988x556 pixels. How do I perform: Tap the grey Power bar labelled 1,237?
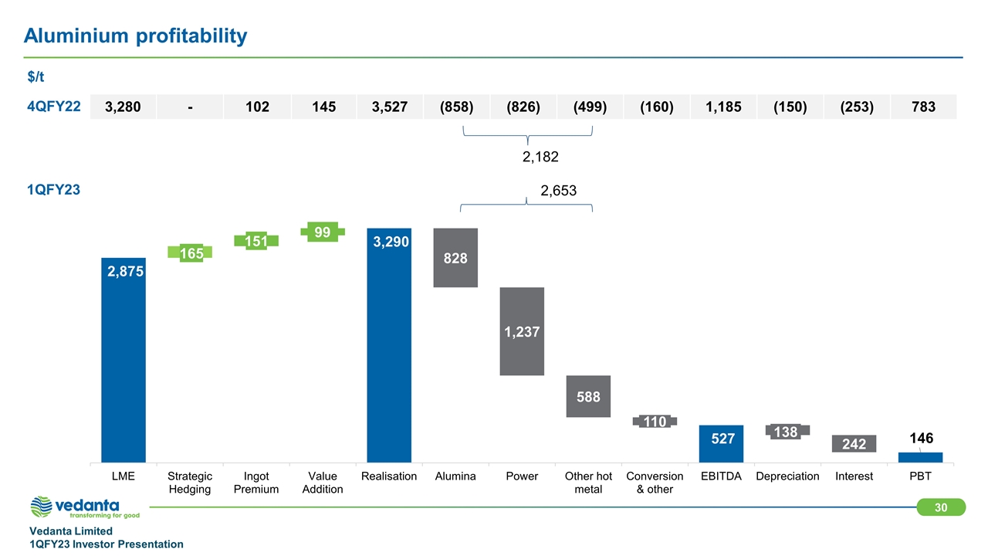click(x=522, y=331)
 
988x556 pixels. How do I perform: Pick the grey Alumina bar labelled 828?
click(x=455, y=258)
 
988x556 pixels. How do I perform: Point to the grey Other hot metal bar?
click(x=588, y=396)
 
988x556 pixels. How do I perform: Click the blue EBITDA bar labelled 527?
click(x=721, y=443)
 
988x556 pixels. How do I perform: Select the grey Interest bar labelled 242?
click(x=854, y=443)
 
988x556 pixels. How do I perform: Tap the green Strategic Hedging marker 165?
click(x=190, y=253)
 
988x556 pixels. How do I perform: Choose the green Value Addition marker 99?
click(x=323, y=231)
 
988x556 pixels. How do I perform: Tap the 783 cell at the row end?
click(x=922, y=107)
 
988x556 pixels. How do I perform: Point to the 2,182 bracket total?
click(x=540, y=157)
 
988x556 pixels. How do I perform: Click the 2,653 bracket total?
click(x=558, y=191)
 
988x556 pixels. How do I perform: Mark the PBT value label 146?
click(x=921, y=439)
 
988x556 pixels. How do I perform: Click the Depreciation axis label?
click(x=787, y=476)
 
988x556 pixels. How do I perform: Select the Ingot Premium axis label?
click(x=256, y=483)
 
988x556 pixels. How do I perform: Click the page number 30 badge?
click(x=941, y=507)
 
